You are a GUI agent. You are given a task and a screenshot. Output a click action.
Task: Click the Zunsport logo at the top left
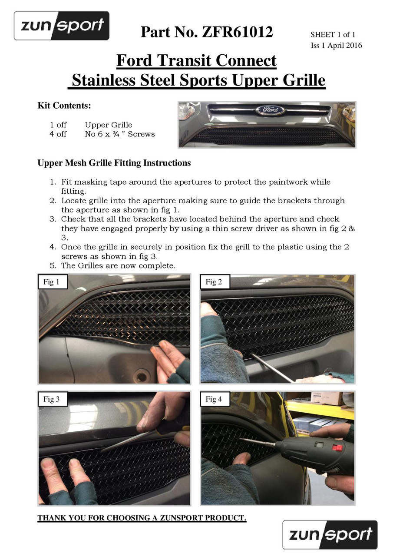pyautogui.click(x=62, y=26)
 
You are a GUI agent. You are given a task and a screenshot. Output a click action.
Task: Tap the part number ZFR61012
pyautogui.click(x=238, y=32)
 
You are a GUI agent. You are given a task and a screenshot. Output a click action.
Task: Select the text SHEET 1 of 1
pyautogui.click(x=333, y=34)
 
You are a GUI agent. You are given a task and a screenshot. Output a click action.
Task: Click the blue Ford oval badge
pyautogui.click(x=270, y=109)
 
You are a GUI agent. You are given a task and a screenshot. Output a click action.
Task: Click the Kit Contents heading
pyautogui.click(x=64, y=106)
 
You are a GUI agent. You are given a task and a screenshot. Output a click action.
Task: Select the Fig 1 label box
pyautogui.click(x=53, y=282)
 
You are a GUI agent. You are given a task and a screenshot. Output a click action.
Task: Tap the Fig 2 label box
pyautogui.click(x=215, y=282)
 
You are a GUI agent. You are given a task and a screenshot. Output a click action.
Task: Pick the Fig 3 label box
pyautogui.click(x=53, y=399)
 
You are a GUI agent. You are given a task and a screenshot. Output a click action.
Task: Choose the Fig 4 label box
pyautogui.click(x=215, y=399)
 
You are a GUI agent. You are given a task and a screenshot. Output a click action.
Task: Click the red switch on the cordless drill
pyautogui.click(x=337, y=448)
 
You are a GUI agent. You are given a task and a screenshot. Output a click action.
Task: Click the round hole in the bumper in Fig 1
pyautogui.click(x=142, y=377)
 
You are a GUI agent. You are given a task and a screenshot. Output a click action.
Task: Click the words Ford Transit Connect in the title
pyautogui.click(x=196, y=60)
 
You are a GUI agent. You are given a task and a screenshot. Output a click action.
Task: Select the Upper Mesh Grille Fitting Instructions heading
pyautogui.click(x=114, y=163)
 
